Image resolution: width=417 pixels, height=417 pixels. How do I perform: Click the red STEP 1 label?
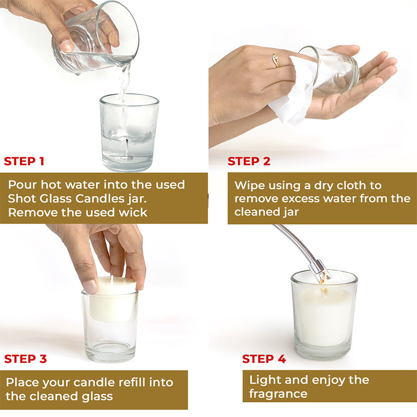click(x=24, y=161)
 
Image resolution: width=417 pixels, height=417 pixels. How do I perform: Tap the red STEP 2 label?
click(x=249, y=161)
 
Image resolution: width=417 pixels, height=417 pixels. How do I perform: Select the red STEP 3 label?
click(x=25, y=359)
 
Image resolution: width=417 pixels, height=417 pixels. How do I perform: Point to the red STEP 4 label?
click(x=264, y=359)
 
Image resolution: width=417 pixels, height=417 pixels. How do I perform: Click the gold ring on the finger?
click(x=275, y=62)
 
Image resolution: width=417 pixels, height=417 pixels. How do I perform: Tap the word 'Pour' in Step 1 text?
click(x=23, y=185)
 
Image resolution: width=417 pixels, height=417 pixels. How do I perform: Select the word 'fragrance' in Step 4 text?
click(x=278, y=394)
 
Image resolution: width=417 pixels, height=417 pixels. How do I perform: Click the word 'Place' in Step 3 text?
click(x=23, y=383)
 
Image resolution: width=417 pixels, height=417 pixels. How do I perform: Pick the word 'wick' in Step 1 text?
click(x=133, y=212)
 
